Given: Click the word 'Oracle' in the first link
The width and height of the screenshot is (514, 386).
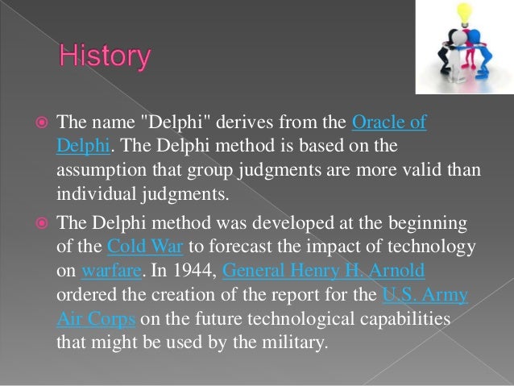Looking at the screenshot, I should (380, 122).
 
